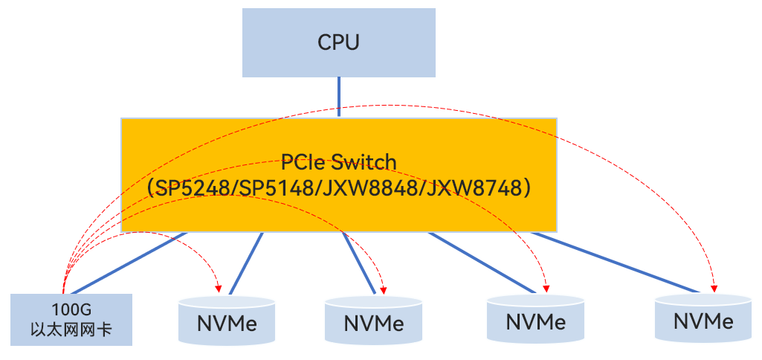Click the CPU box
[338, 42]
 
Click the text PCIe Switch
[338, 162]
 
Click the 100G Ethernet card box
[72, 319]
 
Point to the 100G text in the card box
[72, 309]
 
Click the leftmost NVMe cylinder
[227, 322]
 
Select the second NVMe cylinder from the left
[374, 322]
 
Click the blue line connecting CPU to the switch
[339, 97]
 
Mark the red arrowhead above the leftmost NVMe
[219, 286]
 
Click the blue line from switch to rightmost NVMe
[617, 262]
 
